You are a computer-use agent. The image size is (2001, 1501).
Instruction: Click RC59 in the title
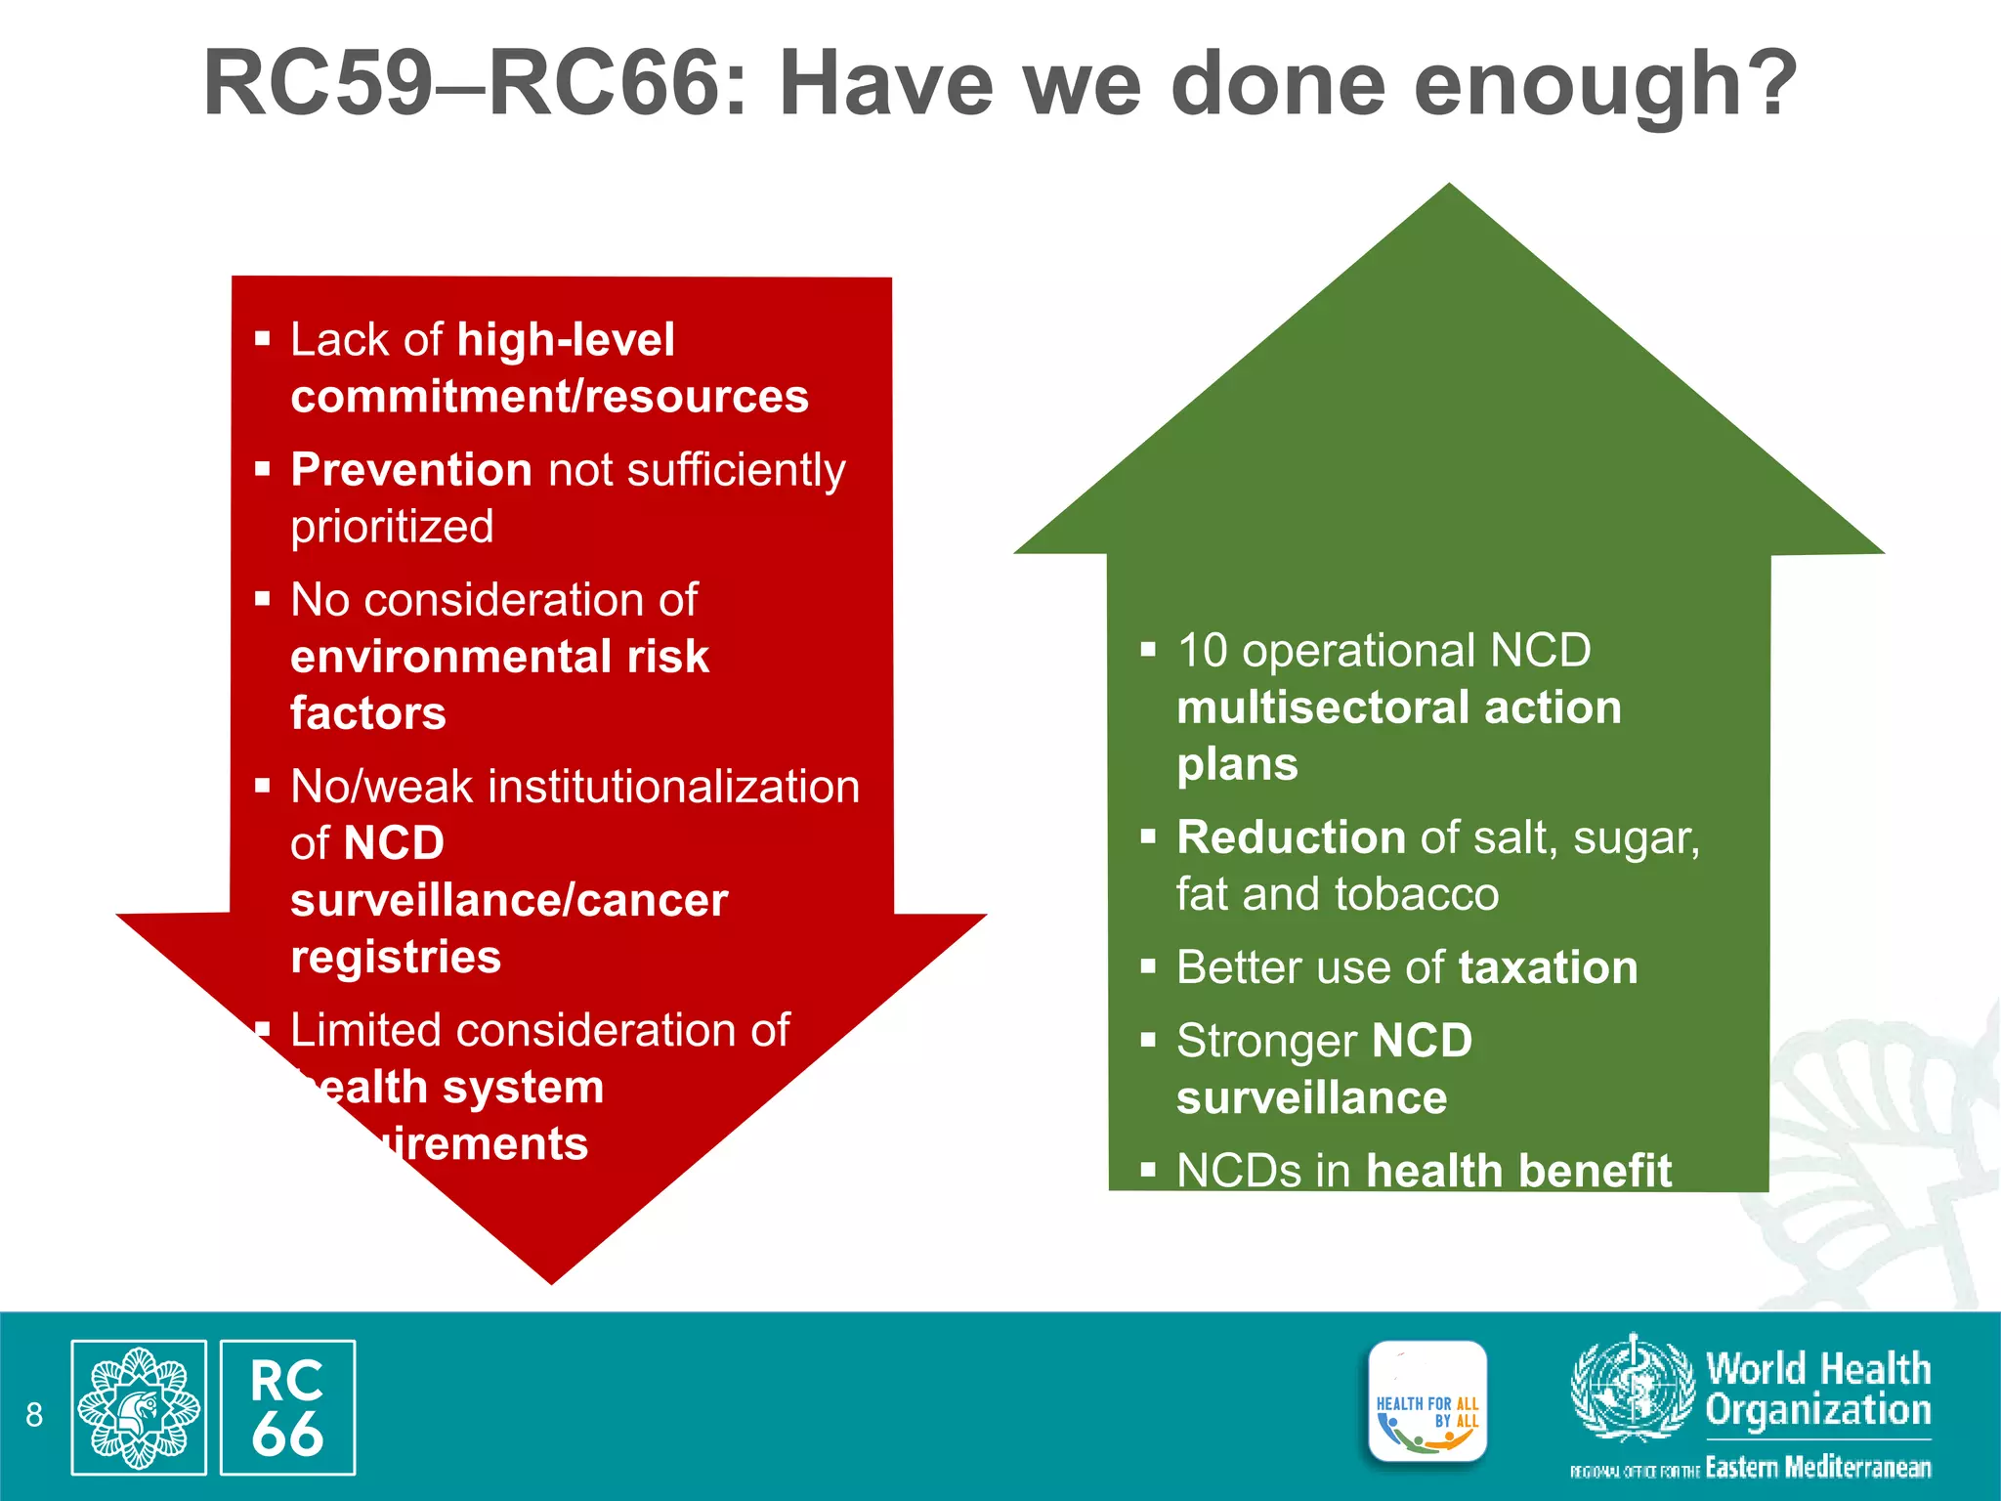tap(318, 84)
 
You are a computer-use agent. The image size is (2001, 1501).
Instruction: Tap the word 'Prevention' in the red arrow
tap(410, 470)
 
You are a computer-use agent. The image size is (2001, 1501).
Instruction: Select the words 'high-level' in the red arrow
tap(566, 340)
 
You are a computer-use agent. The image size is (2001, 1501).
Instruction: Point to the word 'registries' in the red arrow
tap(396, 957)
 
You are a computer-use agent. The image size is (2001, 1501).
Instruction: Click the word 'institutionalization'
tap(674, 787)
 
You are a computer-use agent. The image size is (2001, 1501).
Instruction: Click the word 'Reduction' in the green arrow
tap(1291, 837)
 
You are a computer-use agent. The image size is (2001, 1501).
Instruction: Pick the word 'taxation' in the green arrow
tap(1548, 967)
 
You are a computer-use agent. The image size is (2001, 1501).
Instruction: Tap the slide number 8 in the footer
tap(34, 1414)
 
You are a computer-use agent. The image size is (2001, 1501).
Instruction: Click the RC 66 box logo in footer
tap(287, 1407)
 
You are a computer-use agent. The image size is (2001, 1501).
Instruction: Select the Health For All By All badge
tap(1427, 1402)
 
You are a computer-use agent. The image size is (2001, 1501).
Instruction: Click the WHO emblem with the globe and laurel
tap(1632, 1388)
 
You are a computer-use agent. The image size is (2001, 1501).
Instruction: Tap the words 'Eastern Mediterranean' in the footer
tap(1817, 1467)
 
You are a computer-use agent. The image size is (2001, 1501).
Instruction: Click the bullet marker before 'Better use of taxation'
tap(1148, 967)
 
